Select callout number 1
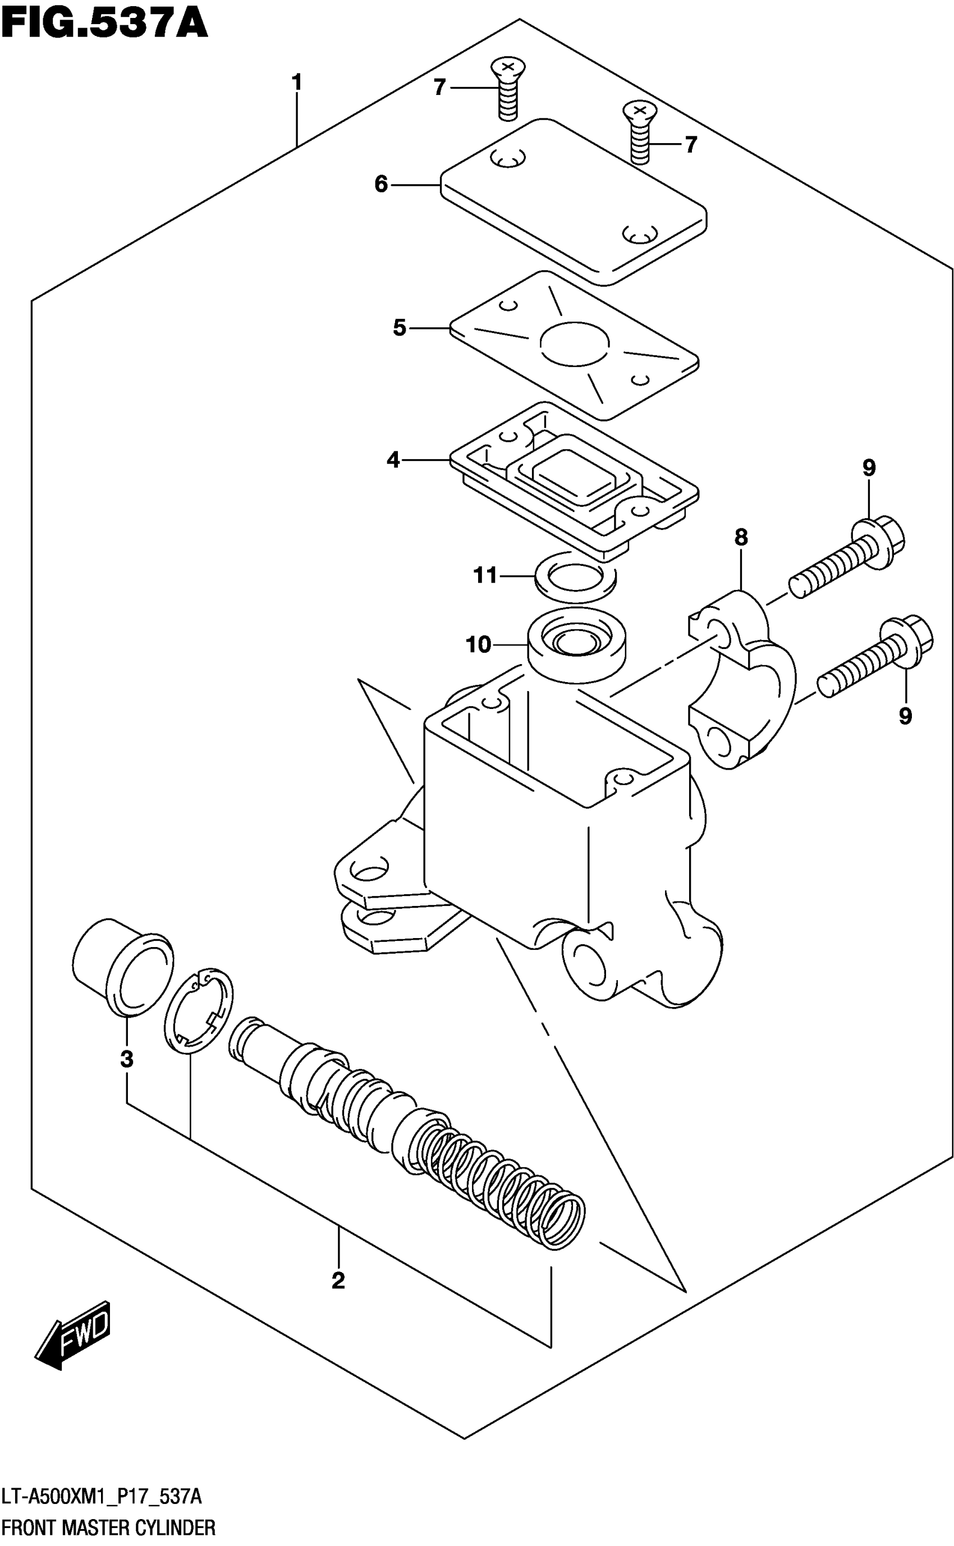(296, 83)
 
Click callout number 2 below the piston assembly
(338, 1281)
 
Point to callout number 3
(127, 1059)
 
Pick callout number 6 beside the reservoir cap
(381, 184)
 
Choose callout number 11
(485, 575)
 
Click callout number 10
(478, 644)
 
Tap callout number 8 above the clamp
(741, 538)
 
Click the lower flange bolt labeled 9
(874, 659)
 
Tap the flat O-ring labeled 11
(575, 576)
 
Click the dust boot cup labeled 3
(123, 967)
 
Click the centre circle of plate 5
(574, 344)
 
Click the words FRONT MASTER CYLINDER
(108, 1527)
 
